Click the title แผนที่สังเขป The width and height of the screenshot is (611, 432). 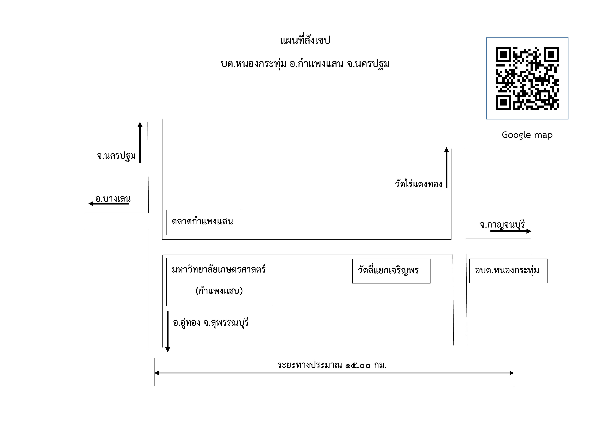305,40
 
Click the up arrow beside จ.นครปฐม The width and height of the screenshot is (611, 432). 140,142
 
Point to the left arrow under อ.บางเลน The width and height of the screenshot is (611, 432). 109,204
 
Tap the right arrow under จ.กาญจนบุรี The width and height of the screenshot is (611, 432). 511,231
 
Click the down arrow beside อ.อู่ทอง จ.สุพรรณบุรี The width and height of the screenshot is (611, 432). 168,332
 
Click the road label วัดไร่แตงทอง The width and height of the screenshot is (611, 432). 418,184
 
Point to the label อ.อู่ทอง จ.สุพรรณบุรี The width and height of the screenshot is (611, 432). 211,323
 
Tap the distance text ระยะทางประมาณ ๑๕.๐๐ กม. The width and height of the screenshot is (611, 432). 332,365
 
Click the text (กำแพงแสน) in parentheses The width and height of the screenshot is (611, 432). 219,291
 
